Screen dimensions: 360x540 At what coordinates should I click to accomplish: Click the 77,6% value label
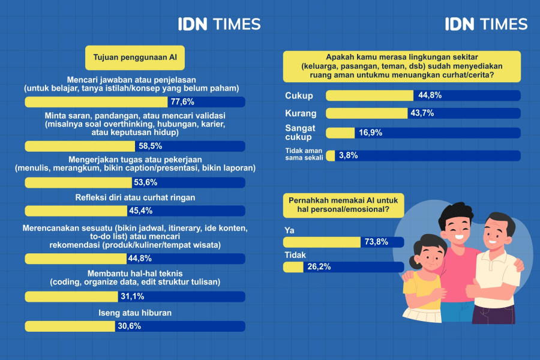point(182,101)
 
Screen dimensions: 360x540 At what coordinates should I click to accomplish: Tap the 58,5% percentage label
point(150,146)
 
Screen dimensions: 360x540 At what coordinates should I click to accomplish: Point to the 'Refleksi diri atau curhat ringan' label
point(135,197)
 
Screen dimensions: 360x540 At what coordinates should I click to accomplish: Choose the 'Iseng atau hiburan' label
point(135,313)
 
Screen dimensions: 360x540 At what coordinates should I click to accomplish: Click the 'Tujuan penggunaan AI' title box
point(135,57)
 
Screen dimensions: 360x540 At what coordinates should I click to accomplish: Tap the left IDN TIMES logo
point(219,24)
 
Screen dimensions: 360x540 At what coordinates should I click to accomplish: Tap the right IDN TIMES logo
point(486,24)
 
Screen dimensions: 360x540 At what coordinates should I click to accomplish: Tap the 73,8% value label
point(376,242)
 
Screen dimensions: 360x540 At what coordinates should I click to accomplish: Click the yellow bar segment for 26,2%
point(293,267)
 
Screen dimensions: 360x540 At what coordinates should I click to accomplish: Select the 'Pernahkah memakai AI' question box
point(344,205)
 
